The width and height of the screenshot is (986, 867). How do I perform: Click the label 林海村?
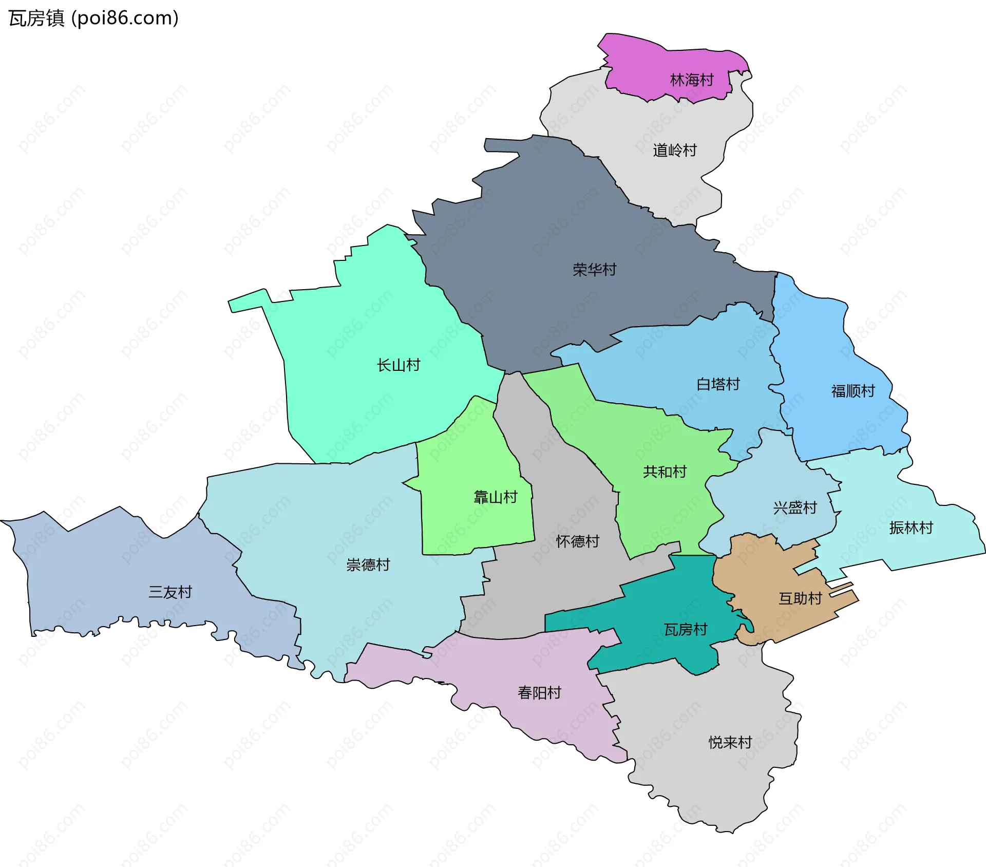coord(692,80)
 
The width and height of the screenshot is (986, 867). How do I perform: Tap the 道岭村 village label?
coord(674,150)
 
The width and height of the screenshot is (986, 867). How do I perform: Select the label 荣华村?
coord(594,270)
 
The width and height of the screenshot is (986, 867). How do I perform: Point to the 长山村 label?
coord(399,365)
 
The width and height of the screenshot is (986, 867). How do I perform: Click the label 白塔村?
coord(718,384)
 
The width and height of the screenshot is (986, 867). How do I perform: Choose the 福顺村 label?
coord(853,391)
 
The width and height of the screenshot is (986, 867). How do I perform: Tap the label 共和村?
coord(665,472)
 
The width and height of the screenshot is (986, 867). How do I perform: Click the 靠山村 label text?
coord(495,497)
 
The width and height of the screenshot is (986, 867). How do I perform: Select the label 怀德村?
coord(578,541)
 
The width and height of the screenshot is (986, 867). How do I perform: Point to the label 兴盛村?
coord(795,508)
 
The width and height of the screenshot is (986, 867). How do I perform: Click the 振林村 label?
coord(911,528)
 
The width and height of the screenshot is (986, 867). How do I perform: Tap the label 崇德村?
coord(368,565)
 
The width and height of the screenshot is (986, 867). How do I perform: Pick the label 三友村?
coord(170,592)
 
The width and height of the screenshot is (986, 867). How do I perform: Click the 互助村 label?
coord(800,598)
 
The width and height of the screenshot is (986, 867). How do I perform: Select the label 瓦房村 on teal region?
coord(686,630)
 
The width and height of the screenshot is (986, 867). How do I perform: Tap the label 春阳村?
coord(539,693)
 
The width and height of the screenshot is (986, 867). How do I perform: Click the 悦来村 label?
coord(730,742)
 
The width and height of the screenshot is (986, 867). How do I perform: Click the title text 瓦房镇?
coord(36,18)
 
